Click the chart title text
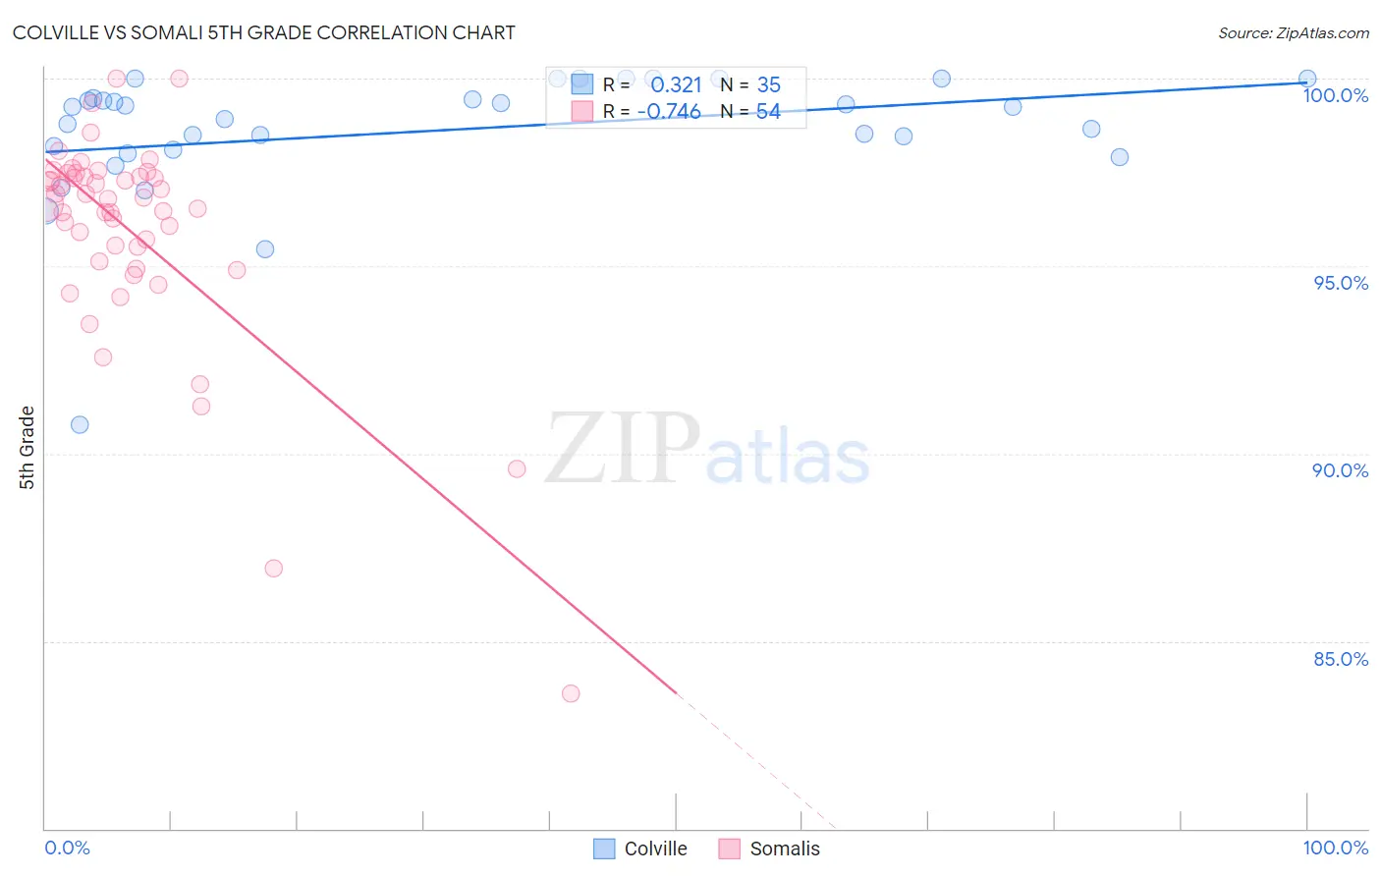click(263, 32)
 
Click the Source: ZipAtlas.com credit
click(1293, 33)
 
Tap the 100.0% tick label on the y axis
click(1335, 95)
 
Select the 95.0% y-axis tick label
click(1341, 283)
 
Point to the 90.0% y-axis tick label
click(1340, 470)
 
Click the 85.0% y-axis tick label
click(1341, 659)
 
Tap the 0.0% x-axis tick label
click(67, 848)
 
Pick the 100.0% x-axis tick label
click(1335, 848)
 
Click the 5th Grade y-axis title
click(28, 447)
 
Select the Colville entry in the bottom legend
click(655, 849)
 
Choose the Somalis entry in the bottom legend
click(784, 849)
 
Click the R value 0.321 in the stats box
click(676, 85)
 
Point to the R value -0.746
click(669, 112)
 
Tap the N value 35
click(768, 85)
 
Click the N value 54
click(768, 112)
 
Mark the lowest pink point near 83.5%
click(571, 693)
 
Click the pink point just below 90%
click(517, 468)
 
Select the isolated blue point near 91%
click(80, 424)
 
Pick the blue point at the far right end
click(1307, 79)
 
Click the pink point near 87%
click(274, 569)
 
